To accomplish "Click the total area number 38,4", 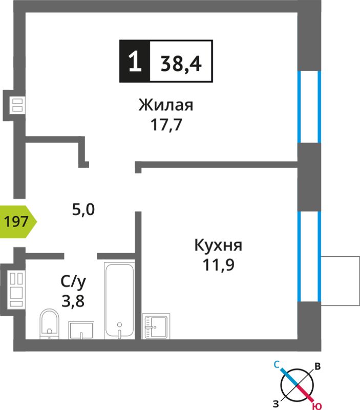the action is pyautogui.click(x=181, y=64).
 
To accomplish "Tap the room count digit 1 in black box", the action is pyautogui.click(x=135, y=61).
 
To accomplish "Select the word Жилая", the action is pyautogui.click(x=166, y=105).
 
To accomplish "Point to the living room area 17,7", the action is pyautogui.click(x=166, y=125).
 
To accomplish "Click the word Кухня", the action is pyautogui.click(x=218, y=245).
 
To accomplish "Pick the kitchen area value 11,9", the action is pyautogui.click(x=218, y=265).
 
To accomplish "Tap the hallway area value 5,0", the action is pyautogui.click(x=83, y=210).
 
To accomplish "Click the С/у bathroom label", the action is pyautogui.click(x=73, y=282).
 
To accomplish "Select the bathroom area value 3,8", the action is pyautogui.click(x=73, y=301).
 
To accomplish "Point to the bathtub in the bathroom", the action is pyautogui.click(x=120, y=300).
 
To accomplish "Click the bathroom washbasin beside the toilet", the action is pyautogui.click(x=81, y=330).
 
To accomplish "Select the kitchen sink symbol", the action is pyautogui.click(x=156, y=326).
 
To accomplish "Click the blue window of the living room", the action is pyautogui.click(x=310, y=107).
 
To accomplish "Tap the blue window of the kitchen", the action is pyautogui.click(x=310, y=256).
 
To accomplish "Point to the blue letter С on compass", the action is pyautogui.click(x=277, y=364).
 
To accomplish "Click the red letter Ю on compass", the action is pyautogui.click(x=317, y=406).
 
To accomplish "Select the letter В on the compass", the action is pyautogui.click(x=317, y=366).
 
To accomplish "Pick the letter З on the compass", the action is pyautogui.click(x=276, y=404).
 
